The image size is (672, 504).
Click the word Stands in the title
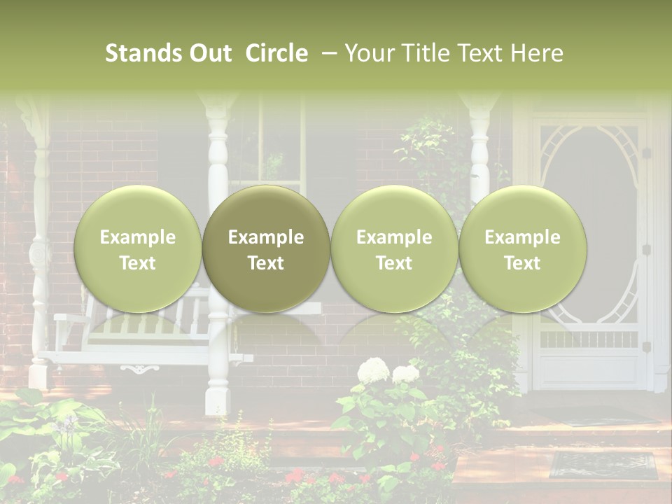[142, 53]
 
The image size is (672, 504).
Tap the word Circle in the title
[276, 53]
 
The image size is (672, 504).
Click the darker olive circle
[266, 249]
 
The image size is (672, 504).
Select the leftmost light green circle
[138, 249]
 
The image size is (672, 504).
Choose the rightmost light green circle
[523, 249]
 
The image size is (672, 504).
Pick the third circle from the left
[394, 249]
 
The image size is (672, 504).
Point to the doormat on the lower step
[603, 464]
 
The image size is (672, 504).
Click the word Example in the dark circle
[266, 237]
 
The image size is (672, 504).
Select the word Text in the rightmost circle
[523, 263]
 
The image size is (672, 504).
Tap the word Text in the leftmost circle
[138, 263]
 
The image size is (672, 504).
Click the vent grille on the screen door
[590, 339]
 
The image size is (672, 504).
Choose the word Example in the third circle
[394, 237]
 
